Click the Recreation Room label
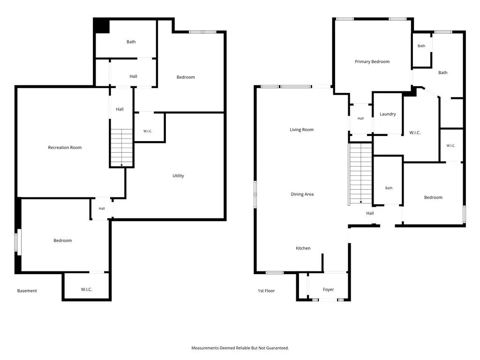65,148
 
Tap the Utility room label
178,176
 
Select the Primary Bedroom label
372,61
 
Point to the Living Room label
301,130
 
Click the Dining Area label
302,194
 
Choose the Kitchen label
303,248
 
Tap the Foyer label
328,290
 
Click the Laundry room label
388,114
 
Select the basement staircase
121,148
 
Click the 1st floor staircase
360,174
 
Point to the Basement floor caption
27,291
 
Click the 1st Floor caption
266,291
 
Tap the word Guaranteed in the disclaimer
277,348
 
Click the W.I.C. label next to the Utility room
148,131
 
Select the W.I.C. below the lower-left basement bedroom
86,290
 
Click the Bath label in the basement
131,42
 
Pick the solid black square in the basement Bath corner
102,26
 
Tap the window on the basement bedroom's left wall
18,242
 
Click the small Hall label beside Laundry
360,119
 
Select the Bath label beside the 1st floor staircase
389,188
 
